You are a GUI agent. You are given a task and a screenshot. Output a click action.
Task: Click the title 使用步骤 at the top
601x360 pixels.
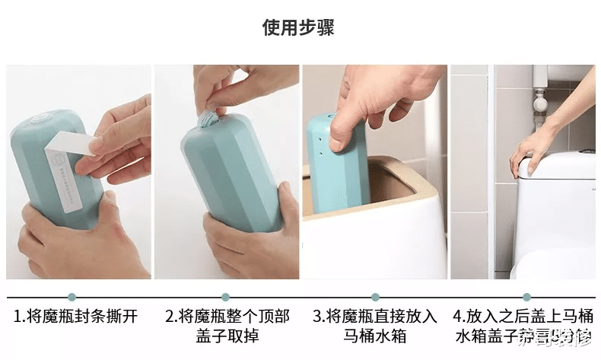tap(298, 28)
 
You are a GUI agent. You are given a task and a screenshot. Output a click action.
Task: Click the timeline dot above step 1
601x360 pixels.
tap(72, 297)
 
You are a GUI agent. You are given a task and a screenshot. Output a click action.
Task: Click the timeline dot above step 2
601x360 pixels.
tap(224, 297)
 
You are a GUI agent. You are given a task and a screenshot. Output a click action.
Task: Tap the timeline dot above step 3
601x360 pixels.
tap(375, 297)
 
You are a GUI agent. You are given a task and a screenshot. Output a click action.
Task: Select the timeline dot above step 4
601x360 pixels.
tap(526, 297)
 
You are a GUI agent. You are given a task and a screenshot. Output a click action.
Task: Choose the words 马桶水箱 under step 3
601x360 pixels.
tap(375, 336)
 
